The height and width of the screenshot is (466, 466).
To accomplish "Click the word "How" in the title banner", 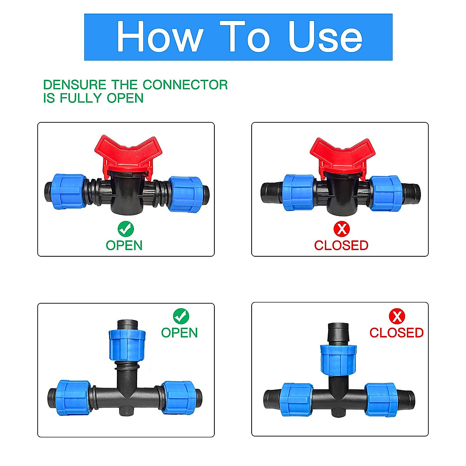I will [160, 37].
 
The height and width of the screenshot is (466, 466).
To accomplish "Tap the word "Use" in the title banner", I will [325, 37].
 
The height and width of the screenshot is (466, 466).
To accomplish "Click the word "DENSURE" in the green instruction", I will [75, 85].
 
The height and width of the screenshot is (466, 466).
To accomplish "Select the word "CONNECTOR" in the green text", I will [185, 85].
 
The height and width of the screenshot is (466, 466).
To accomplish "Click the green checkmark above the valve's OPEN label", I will [125, 229].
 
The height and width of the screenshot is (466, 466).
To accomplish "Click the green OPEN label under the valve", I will [124, 245].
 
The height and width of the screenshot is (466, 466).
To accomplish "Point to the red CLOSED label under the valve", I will [341, 245].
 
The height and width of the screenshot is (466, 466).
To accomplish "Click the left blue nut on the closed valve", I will [298, 193].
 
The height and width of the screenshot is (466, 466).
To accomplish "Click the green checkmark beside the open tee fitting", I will [181, 316].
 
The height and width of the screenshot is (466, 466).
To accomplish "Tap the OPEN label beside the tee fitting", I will [179, 333].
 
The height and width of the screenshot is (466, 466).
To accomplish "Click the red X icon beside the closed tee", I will [396, 316].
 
